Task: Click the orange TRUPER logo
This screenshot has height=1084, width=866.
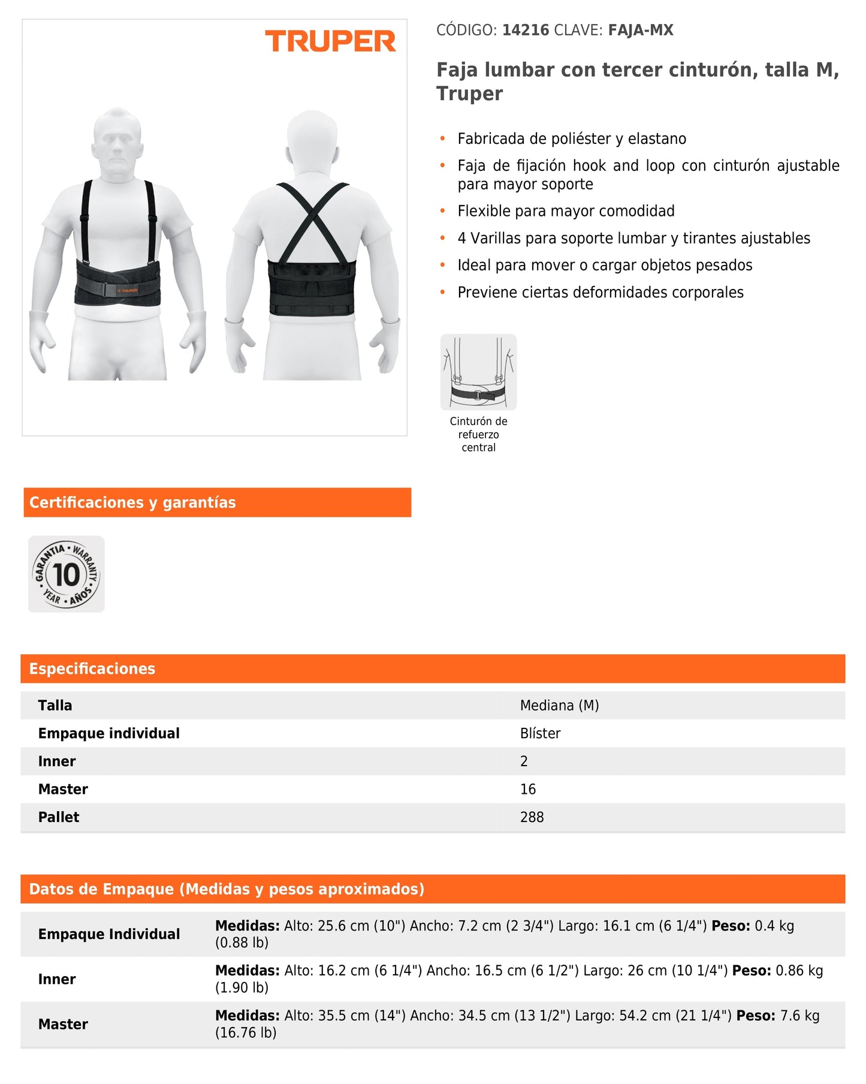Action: (330, 41)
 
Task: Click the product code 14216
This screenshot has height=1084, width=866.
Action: (525, 30)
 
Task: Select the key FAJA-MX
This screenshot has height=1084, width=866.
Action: (640, 30)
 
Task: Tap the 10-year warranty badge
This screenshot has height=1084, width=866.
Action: (67, 574)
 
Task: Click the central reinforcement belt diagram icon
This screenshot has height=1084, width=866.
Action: (478, 372)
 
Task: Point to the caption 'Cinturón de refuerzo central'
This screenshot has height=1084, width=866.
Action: (478, 434)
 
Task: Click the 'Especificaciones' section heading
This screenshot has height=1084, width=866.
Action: (92, 669)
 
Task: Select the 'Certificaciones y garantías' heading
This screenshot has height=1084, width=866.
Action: (132, 502)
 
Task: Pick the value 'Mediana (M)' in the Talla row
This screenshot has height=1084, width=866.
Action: (559, 706)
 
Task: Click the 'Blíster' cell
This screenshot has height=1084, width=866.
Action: (540, 733)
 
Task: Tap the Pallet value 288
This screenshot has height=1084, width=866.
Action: (532, 817)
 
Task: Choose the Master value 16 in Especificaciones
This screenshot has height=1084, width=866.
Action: (527, 789)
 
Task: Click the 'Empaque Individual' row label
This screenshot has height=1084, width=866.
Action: (109, 934)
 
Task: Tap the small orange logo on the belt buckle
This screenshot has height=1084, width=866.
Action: (128, 290)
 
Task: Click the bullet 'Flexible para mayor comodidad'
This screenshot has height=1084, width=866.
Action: (566, 211)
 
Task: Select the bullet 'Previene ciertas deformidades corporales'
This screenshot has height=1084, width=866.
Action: (601, 293)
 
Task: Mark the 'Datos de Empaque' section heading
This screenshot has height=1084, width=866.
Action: (227, 889)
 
